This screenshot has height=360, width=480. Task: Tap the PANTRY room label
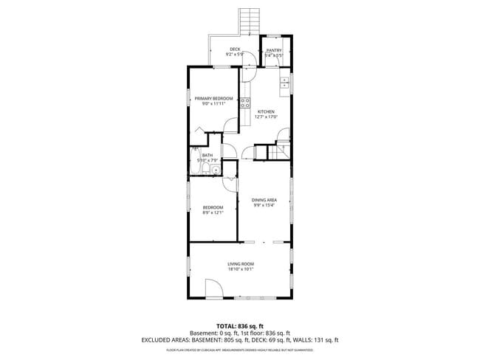coord(274,49)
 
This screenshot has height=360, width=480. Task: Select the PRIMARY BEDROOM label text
coord(213,98)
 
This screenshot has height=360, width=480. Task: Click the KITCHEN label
coord(266,111)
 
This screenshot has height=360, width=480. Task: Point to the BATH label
coord(207,155)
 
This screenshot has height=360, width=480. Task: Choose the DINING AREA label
coord(264,200)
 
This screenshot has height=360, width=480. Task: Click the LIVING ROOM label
coord(240,264)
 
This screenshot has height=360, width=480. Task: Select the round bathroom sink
coord(216,170)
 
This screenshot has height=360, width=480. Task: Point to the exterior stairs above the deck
coord(249,21)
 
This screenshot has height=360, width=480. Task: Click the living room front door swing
coord(210,288)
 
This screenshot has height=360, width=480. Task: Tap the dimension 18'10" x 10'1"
coord(240,270)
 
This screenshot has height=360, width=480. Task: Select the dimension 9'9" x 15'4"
coord(264,206)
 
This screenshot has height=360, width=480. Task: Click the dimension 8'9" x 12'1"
coord(213,214)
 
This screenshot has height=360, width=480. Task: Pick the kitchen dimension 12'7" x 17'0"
coord(266,117)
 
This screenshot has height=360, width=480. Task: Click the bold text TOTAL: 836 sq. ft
coord(239,326)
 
